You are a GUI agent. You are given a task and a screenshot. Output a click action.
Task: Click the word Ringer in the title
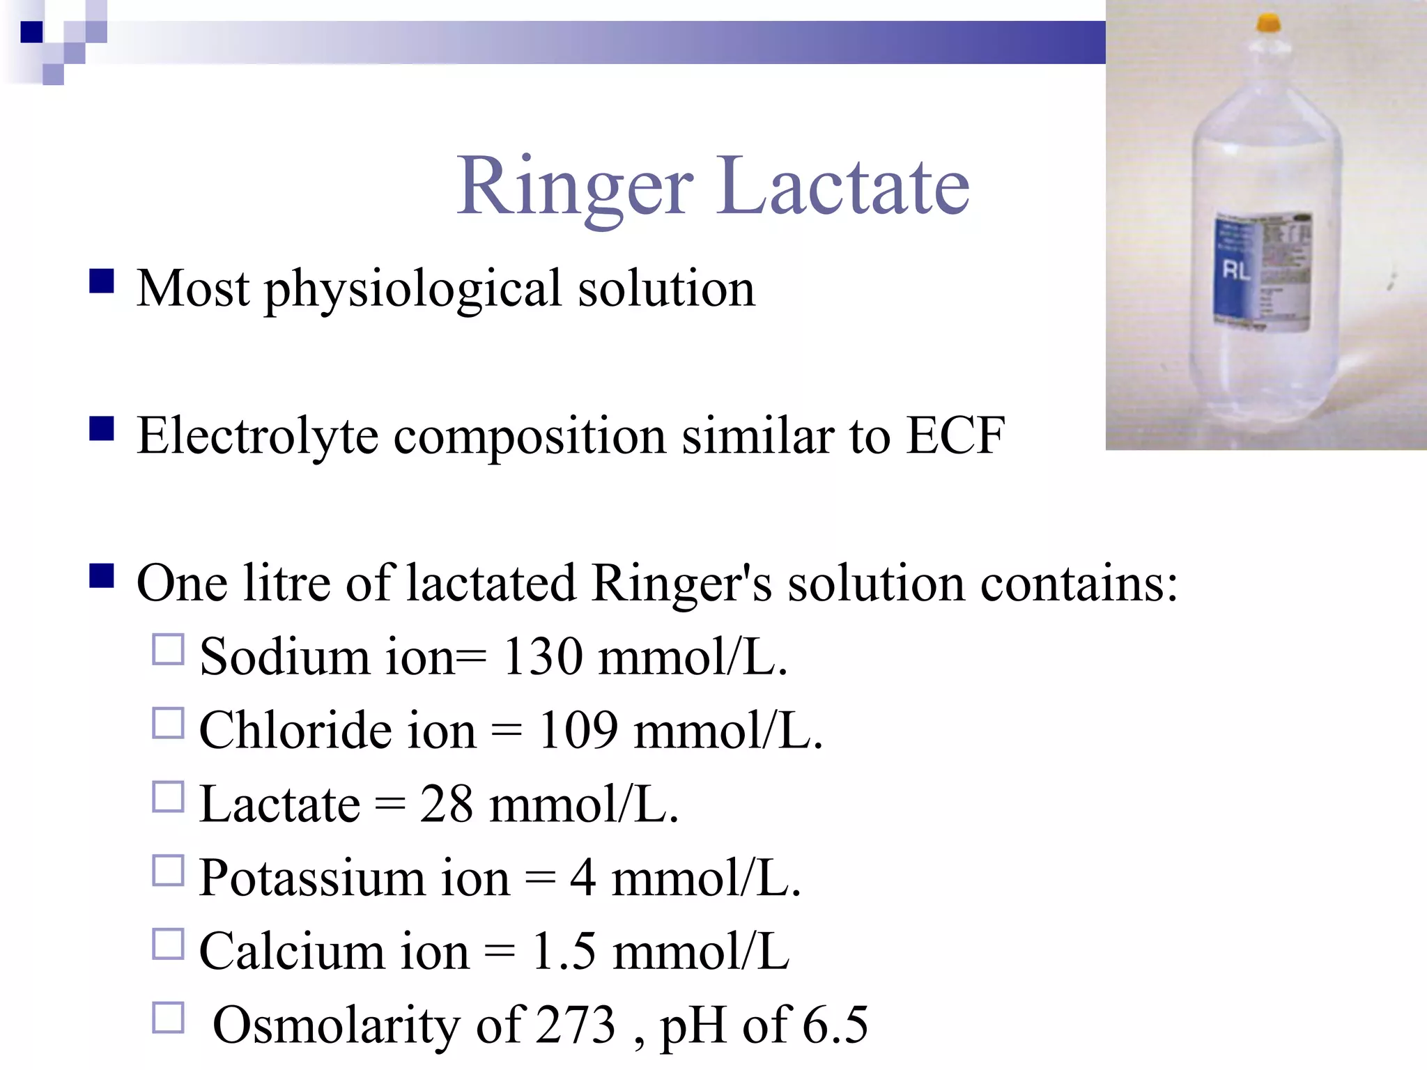tap(575, 187)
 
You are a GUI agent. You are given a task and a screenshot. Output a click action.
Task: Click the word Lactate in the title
tap(844, 187)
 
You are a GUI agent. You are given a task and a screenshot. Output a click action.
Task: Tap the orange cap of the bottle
tap(1268, 23)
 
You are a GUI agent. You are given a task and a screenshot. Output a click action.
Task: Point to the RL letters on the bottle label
tap(1236, 270)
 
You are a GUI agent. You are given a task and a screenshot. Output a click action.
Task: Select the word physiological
tap(412, 290)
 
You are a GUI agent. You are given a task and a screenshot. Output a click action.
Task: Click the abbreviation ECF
tap(955, 436)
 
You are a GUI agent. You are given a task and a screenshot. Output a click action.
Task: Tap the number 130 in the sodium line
tap(542, 657)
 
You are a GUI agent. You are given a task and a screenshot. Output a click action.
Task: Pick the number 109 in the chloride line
tap(578, 731)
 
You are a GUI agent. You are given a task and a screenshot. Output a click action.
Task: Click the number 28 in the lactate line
tap(446, 805)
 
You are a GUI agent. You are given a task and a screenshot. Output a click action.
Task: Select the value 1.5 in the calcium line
tap(564, 952)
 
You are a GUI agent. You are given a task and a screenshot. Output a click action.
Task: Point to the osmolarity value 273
tap(576, 1025)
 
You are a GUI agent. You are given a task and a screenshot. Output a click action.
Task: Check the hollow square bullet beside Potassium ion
tap(168, 871)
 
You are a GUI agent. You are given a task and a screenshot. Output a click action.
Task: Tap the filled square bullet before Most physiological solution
tap(102, 282)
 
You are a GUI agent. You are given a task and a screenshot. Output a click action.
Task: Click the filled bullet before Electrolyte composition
tap(102, 429)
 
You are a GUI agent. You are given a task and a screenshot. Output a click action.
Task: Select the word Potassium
tap(311, 878)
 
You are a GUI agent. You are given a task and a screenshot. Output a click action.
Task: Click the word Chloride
tap(295, 731)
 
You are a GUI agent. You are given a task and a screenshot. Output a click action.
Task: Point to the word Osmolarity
tap(335, 1025)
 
